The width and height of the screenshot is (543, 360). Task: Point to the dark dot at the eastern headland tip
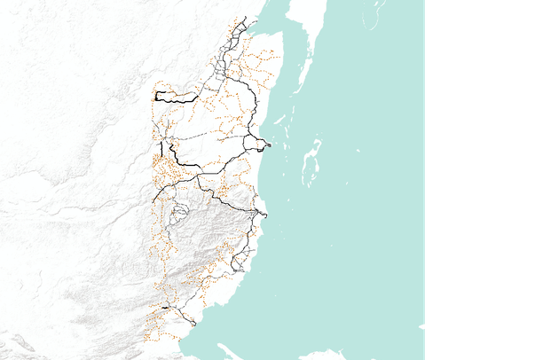[x=268, y=145]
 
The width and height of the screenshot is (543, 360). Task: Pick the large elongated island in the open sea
[x=310, y=164]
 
